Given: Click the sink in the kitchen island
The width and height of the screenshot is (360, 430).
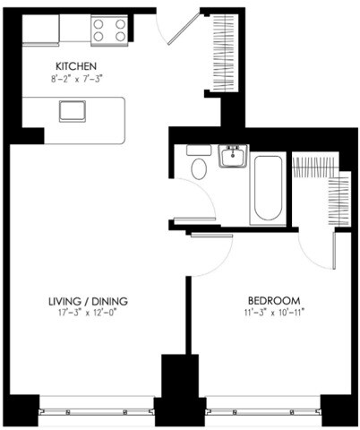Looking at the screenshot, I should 70,111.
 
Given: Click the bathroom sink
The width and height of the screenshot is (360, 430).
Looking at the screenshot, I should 232,158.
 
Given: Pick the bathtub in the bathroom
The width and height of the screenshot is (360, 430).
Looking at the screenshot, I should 269,189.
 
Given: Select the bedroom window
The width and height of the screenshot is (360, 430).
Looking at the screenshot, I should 263,410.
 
